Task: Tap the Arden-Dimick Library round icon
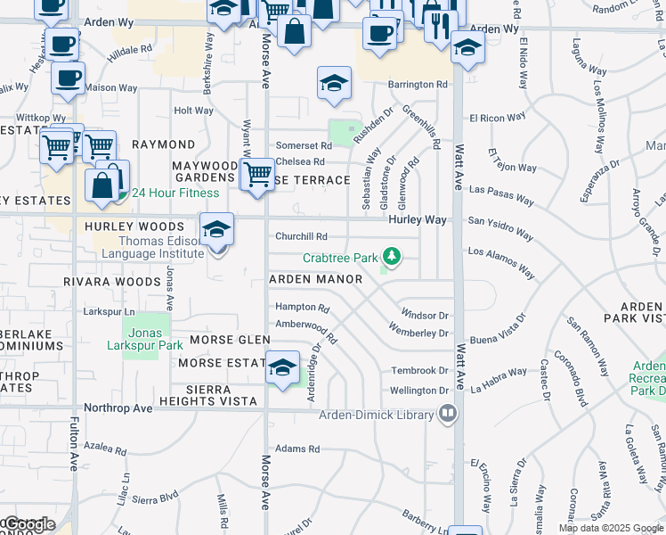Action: [x=447, y=414]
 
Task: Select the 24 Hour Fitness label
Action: [x=175, y=193]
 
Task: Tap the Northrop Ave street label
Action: [x=118, y=407]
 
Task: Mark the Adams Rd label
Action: [x=297, y=449]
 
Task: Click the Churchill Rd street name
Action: [x=301, y=236]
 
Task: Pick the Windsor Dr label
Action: [x=425, y=315]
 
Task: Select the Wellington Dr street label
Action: [x=419, y=391]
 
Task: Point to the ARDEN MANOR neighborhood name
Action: [x=316, y=279]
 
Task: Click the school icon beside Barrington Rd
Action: [x=335, y=84]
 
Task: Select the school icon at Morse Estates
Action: [x=282, y=367]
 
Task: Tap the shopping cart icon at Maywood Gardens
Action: [x=257, y=174]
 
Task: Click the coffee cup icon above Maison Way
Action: [x=68, y=77]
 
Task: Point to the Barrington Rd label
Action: [x=417, y=85]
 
